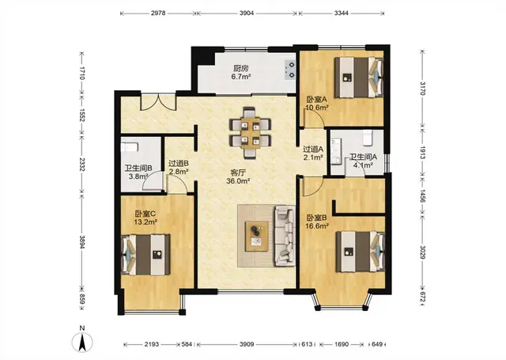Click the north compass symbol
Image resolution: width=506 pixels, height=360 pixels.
(82, 342)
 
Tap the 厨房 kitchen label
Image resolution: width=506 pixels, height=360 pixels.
(240, 69)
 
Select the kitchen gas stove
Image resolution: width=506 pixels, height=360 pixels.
(290, 70)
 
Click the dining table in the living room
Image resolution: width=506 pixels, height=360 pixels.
(250, 133)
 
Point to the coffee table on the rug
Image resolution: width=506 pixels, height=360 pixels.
(257, 236)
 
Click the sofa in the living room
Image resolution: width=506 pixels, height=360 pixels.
(285, 236)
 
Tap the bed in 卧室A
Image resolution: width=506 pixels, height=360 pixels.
(358, 78)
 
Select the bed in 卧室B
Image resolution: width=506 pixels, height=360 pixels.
(361, 252)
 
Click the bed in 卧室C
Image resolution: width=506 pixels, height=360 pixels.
(145, 255)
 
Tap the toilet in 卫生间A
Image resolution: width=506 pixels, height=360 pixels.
(368, 138)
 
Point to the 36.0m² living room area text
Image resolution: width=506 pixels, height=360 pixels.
(238, 181)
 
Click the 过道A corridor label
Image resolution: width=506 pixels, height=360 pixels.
(313, 150)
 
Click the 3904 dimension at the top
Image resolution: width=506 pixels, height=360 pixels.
(247, 13)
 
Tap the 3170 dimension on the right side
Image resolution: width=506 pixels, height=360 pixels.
(422, 88)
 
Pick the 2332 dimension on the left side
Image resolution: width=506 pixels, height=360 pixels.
(82, 165)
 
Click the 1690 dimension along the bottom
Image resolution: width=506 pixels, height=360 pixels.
(342, 344)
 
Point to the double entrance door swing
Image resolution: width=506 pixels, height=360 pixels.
(158, 102)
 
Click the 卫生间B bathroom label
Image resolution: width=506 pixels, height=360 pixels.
(138, 169)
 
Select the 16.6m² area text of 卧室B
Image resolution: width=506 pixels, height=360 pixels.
(317, 226)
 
